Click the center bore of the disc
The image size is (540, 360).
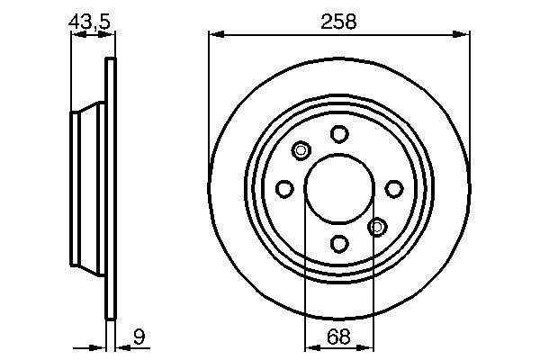point(338,188)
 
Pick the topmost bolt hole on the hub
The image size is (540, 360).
point(338,134)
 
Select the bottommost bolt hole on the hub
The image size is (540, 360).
point(338,243)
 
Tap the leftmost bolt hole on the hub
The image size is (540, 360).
point(284,188)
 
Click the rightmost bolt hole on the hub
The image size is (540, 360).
point(393,188)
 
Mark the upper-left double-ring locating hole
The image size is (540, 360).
point(301,150)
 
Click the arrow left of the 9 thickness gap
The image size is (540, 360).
point(100,348)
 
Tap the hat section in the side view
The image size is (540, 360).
point(88,188)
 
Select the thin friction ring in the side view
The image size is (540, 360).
point(112,188)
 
